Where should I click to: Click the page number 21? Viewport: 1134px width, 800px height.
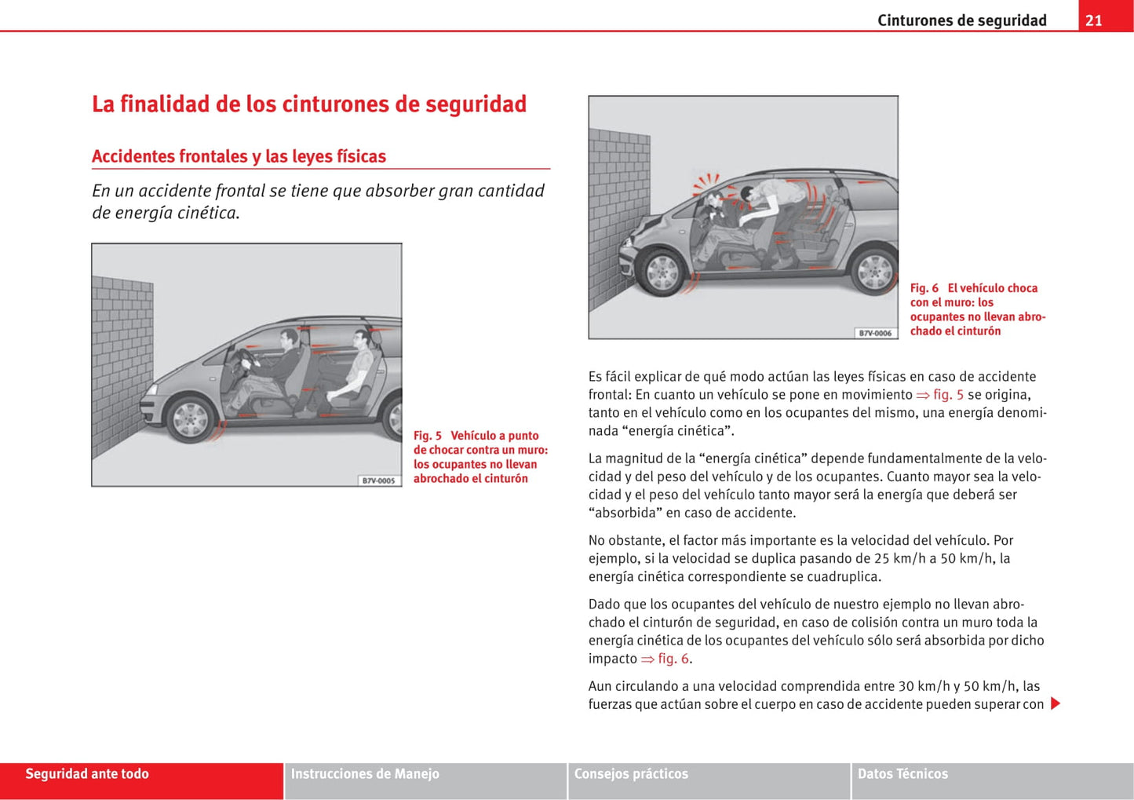click(x=1094, y=20)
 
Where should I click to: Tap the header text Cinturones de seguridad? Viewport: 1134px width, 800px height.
click(x=961, y=20)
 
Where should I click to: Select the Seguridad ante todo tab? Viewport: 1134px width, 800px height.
click(x=87, y=774)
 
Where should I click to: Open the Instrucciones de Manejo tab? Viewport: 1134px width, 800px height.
click(x=365, y=774)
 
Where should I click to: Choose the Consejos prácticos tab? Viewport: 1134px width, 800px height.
click(x=631, y=774)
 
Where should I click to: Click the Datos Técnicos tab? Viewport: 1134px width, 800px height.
click(x=902, y=774)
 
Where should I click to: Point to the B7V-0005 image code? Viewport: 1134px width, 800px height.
click(x=378, y=480)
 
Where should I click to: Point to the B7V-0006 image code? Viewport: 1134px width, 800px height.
click(x=875, y=333)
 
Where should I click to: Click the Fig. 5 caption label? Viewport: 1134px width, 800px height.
click(x=428, y=436)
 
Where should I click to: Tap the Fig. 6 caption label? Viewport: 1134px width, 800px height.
click(x=924, y=288)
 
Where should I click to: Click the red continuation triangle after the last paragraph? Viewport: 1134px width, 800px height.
click(x=1056, y=703)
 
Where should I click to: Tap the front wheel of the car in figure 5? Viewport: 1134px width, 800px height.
click(x=191, y=418)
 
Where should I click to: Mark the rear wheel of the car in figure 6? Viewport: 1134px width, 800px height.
click(x=874, y=272)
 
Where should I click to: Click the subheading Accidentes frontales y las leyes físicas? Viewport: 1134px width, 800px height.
click(x=239, y=156)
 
